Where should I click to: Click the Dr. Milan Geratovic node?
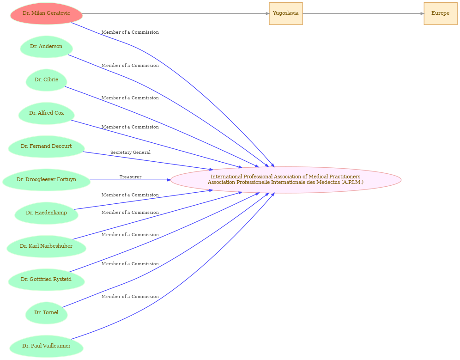pyautogui.click(x=46, y=13)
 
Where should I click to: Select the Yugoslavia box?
pyautogui.click(x=286, y=13)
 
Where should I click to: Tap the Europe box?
pyautogui.click(x=440, y=13)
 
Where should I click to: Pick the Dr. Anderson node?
pyautogui.click(x=46, y=47)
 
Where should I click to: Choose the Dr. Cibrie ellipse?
pyautogui.click(x=46, y=80)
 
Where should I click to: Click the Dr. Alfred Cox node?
pyautogui.click(x=46, y=113)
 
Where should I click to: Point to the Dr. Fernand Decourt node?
pyautogui.click(x=46, y=146)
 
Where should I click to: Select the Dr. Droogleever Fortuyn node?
pyautogui.click(x=46, y=180)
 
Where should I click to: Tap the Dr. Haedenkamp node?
pyautogui.click(x=46, y=213)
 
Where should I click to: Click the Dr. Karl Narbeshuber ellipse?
pyautogui.click(x=46, y=246)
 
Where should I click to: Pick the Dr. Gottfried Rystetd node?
pyautogui.click(x=46, y=280)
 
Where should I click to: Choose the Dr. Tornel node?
pyautogui.click(x=46, y=313)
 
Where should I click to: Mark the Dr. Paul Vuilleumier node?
pyautogui.click(x=46, y=346)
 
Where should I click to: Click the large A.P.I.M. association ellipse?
pyautogui.click(x=286, y=180)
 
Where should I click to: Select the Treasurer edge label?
pyautogui.click(x=130, y=177)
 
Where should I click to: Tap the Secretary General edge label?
pyautogui.click(x=130, y=153)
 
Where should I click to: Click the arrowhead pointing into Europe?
pyautogui.click(x=422, y=13)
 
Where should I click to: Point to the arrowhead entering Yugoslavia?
pyautogui.click(x=267, y=13)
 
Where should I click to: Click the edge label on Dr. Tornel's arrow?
pyautogui.click(x=130, y=264)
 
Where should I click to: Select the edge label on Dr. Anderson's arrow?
pyautogui.click(x=130, y=66)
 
